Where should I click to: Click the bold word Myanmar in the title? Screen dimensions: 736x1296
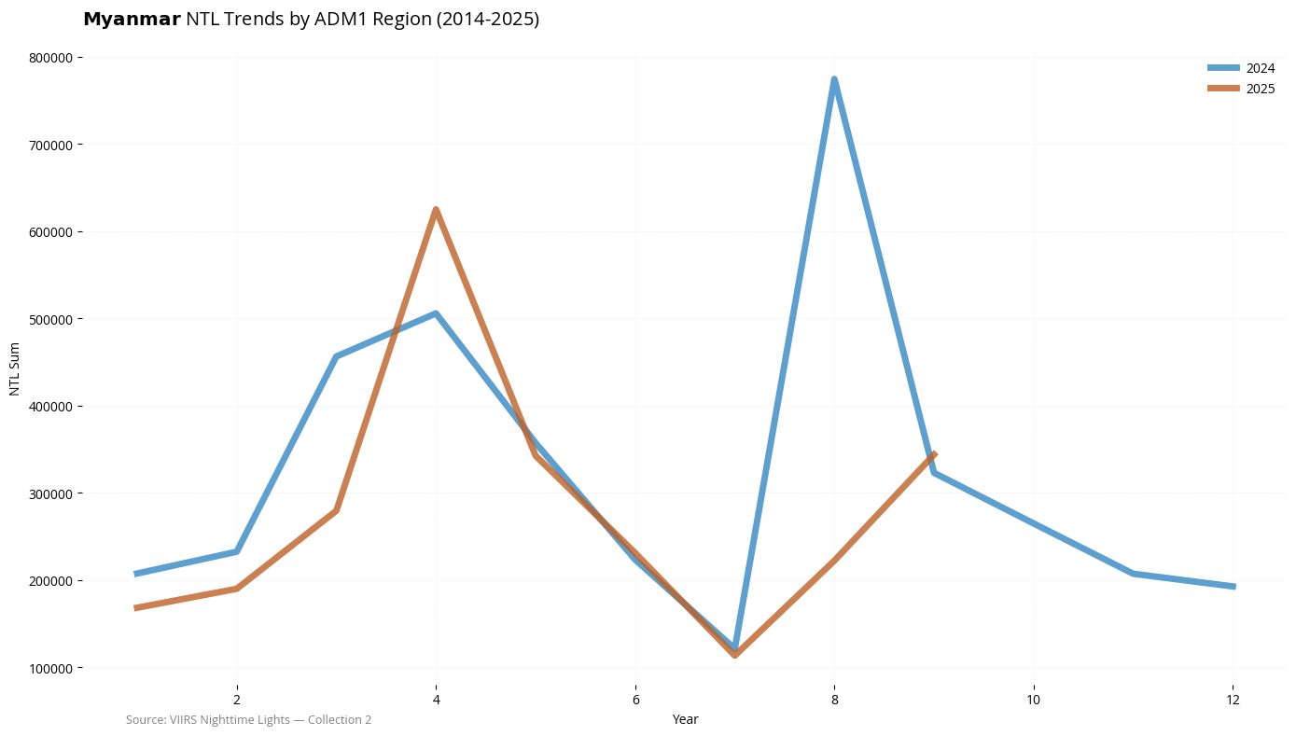coord(132,19)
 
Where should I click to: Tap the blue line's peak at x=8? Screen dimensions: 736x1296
coord(834,79)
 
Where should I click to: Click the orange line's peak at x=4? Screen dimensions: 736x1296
coord(436,210)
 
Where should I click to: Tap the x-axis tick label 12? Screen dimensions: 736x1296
coord(1233,700)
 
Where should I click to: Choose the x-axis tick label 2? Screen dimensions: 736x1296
coord(237,700)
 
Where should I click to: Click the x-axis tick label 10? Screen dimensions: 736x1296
coord(1034,700)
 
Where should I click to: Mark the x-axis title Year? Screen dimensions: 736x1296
coord(685,719)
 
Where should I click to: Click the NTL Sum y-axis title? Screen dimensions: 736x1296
coord(14,368)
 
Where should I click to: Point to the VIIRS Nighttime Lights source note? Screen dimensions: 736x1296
coord(248,720)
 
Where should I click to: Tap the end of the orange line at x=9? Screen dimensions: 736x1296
coord(934,454)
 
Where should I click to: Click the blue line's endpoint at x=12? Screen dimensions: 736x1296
coord(1233,587)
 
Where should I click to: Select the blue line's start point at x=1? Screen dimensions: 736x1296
coord(137,574)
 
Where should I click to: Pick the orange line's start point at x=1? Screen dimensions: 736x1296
coord(137,608)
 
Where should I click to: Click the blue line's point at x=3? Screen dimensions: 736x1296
coord(336,356)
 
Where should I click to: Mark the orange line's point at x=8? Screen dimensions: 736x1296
coord(834,560)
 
